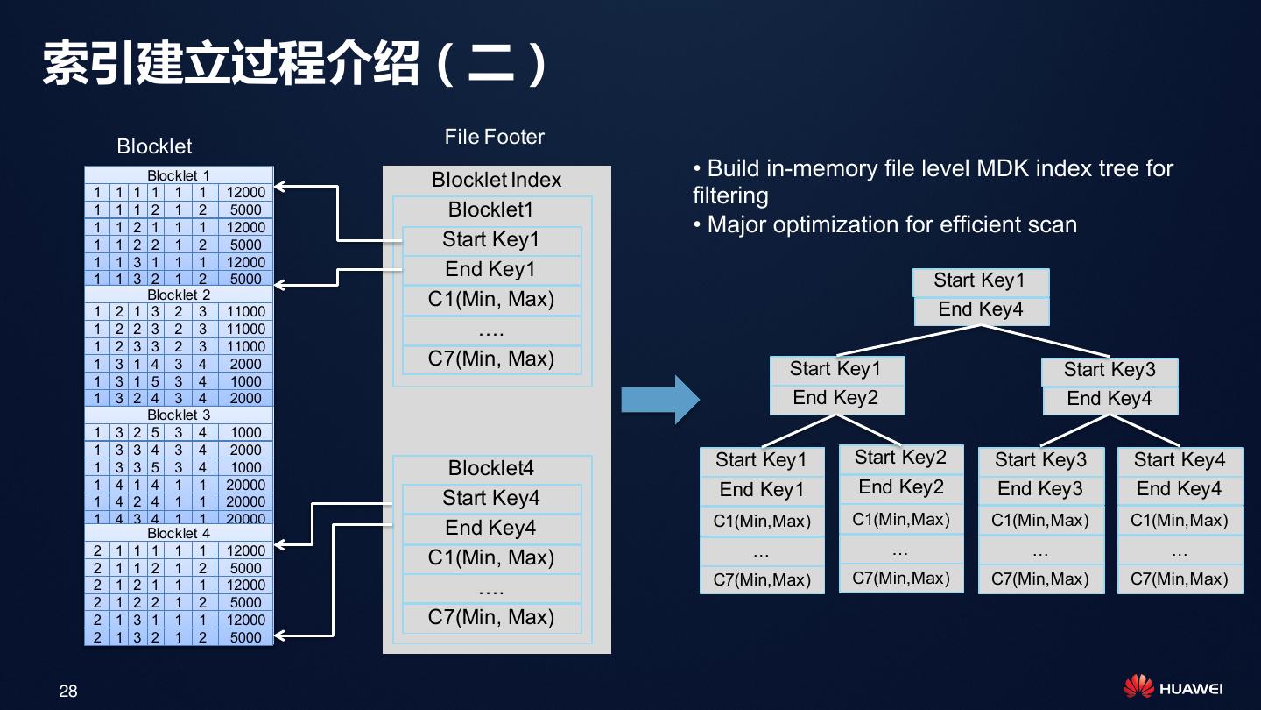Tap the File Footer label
tap(494, 137)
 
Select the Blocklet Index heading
tap(496, 180)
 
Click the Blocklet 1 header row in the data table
tap(179, 175)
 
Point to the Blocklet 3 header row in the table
tap(179, 415)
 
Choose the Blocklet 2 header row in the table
tap(179, 295)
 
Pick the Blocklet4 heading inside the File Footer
tap(490, 468)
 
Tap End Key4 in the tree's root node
tap(980, 309)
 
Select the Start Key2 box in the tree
tap(900, 458)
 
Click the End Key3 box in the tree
tap(1040, 489)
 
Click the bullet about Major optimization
tap(884, 224)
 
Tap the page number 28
tap(68, 692)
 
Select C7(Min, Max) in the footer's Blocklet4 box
tap(490, 617)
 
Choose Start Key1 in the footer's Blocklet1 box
tap(490, 240)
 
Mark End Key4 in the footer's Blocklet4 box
tap(490, 528)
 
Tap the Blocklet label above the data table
tap(154, 146)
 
